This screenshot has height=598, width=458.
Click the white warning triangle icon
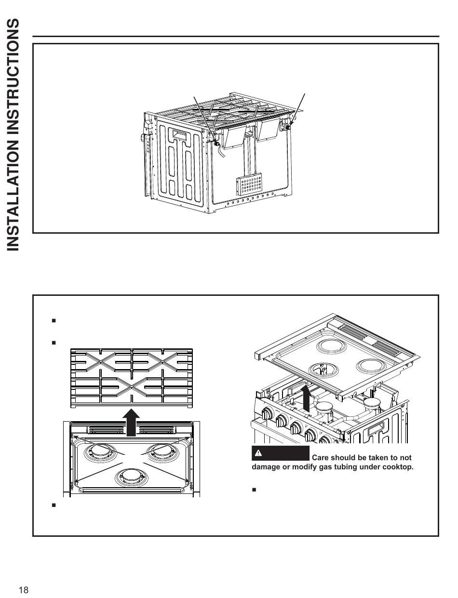click(258, 452)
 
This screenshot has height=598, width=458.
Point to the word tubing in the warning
click(344, 467)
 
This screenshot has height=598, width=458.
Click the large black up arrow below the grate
click(131, 423)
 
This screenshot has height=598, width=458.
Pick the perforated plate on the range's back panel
click(249, 184)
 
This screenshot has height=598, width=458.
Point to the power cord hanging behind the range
click(221, 151)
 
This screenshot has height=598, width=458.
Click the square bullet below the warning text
click(254, 490)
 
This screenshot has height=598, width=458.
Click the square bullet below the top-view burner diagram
click(54, 505)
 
